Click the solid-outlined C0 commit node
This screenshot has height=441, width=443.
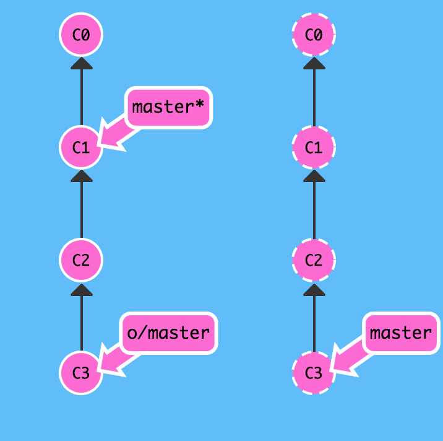81,35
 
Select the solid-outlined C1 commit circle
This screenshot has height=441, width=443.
81,147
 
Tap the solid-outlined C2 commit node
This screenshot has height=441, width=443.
81,260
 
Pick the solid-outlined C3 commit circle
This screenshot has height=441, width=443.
81,373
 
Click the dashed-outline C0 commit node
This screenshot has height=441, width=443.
314,35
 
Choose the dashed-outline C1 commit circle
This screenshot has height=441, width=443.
314,147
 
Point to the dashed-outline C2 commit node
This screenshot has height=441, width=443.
314,260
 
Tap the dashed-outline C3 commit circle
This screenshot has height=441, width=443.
314,373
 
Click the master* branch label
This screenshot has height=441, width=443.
168,108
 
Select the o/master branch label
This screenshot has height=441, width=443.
168,333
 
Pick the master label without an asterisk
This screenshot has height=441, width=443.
401,333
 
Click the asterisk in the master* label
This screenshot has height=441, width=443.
199,104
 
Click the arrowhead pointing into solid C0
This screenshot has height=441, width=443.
82,63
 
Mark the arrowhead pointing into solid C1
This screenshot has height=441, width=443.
82,176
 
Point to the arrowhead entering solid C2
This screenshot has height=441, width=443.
82,290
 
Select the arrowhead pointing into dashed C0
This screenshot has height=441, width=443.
314,63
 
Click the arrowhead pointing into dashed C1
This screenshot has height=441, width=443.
314,176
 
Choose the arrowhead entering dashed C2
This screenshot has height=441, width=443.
314,290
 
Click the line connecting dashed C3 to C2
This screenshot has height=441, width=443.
314,323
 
